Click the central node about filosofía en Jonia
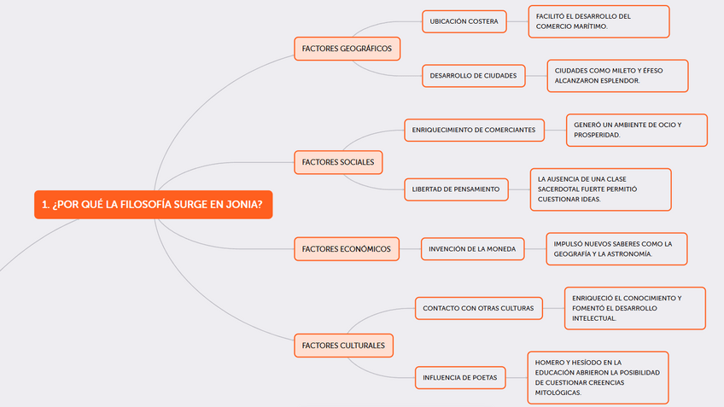coord(153,205)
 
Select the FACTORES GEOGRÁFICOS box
coord(347,49)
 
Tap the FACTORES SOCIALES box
coord(338,161)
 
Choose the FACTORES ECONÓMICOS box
coord(347,249)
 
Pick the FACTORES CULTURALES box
coord(343,346)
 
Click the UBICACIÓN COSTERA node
coord(464,21)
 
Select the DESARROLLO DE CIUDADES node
coord(473,76)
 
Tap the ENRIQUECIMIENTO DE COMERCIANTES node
coord(474,131)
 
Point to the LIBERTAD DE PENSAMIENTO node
coord(456,189)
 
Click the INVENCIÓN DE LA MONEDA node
coord(472,249)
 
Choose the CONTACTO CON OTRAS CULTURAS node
coord(478,308)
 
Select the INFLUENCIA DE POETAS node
coord(461,377)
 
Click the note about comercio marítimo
coord(598,21)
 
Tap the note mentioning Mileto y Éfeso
coord(616,76)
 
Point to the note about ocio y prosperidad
coord(636,131)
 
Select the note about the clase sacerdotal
coord(599,189)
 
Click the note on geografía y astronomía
coord(615,249)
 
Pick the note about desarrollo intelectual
coord(634,308)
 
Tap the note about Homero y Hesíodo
coord(596,377)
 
